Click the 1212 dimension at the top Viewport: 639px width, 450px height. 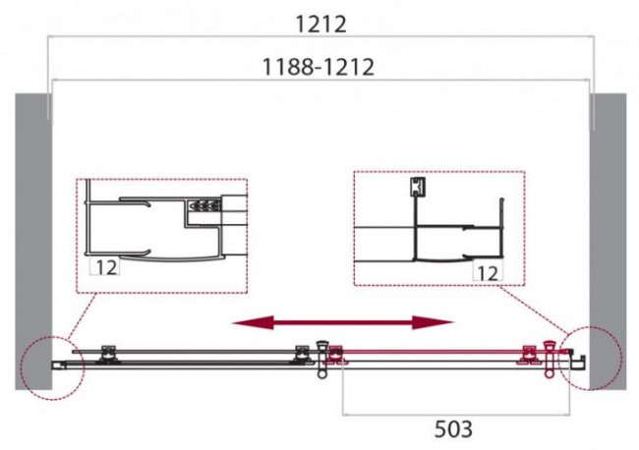[x=321, y=21]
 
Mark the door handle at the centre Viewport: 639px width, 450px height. [x=321, y=358]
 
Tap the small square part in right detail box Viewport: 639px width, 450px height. [x=417, y=186]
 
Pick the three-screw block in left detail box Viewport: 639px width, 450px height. [x=203, y=206]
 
